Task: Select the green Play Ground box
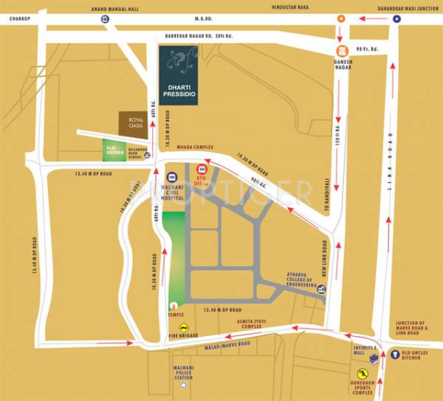[x=114, y=150]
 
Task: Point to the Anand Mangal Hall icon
[x=104, y=19]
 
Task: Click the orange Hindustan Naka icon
[x=340, y=19]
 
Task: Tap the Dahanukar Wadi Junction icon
[x=396, y=19]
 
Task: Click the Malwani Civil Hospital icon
[x=171, y=178]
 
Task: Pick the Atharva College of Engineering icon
[x=321, y=290]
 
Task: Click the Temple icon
[x=174, y=304]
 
